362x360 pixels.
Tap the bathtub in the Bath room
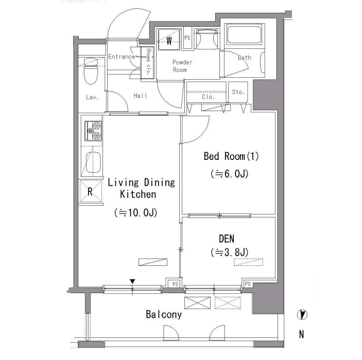click(244, 35)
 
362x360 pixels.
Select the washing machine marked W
click(169, 39)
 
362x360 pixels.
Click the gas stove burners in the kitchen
click(93, 131)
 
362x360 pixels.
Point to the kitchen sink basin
click(93, 163)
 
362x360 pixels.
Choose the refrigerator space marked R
click(91, 191)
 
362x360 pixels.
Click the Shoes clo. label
click(148, 61)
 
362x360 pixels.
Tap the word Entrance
click(122, 57)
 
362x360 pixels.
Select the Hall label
click(141, 96)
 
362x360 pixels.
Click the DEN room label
click(227, 239)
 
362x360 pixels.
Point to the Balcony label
click(164, 315)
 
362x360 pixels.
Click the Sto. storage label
click(238, 92)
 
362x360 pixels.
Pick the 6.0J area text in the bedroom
click(229, 174)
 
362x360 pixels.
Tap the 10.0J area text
click(136, 212)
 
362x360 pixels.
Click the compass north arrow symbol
click(302, 315)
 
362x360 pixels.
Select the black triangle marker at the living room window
click(132, 281)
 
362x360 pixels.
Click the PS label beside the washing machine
click(187, 38)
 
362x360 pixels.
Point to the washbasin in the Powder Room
click(206, 39)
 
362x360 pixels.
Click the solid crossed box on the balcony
click(197, 303)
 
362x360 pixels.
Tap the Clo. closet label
click(208, 97)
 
